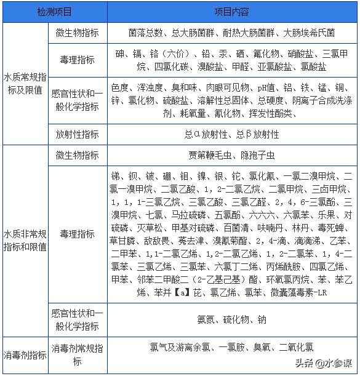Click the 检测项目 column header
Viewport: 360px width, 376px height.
click(54, 12)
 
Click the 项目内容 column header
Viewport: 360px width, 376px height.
click(231, 12)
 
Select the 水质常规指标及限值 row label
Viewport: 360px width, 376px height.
click(24, 84)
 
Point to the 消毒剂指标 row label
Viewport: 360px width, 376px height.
click(24, 354)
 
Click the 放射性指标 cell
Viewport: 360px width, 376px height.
click(77, 134)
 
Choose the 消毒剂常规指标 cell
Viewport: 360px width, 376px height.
click(77, 354)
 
